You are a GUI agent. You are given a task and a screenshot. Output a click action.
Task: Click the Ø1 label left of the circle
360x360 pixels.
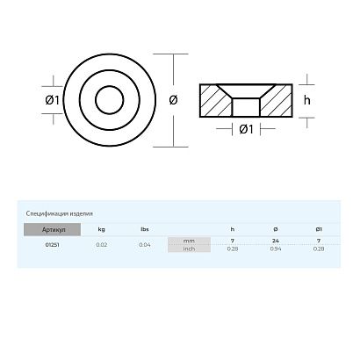click(51, 99)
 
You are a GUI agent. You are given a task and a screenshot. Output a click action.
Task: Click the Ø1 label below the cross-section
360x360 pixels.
click(247, 130)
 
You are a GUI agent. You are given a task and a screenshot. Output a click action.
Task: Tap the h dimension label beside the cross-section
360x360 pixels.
click(306, 99)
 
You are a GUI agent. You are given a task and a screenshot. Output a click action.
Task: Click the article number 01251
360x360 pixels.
click(53, 244)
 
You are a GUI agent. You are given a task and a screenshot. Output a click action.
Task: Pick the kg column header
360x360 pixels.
click(102, 229)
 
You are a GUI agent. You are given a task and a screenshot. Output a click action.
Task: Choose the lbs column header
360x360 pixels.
click(145, 229)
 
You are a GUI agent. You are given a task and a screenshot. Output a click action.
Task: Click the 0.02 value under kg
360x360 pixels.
click(102, 244)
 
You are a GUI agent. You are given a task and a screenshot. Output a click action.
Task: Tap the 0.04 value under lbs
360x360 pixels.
click(145, 244)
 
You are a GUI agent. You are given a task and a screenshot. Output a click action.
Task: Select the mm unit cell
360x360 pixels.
click(189, 240)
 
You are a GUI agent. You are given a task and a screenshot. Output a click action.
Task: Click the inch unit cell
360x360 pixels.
click(189, 248)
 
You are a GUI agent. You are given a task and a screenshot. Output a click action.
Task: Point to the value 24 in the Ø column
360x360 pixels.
click(275, 240)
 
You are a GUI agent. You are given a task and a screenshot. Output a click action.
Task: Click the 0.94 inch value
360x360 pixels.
click(275, 248)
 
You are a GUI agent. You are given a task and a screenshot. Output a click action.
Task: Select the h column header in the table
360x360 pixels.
click(233, 229)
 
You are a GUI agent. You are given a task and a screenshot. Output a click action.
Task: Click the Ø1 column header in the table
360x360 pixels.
click(318, 229)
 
